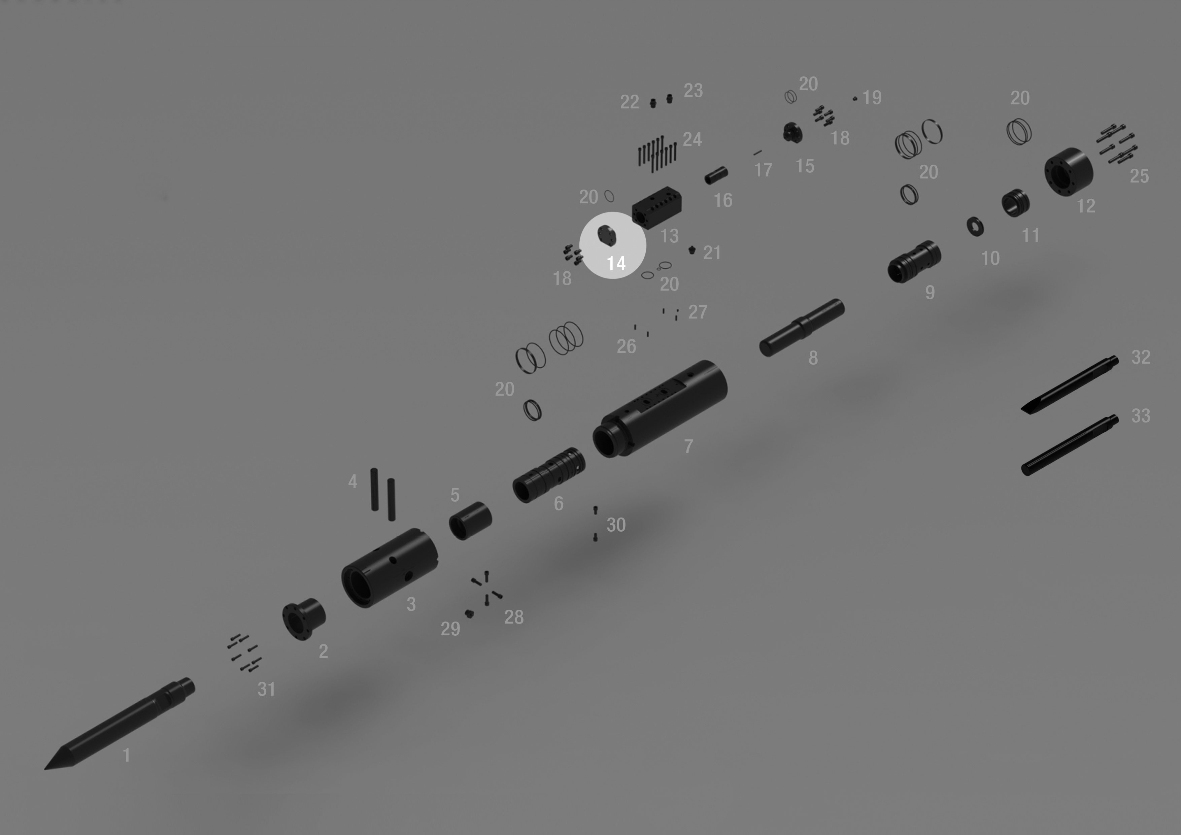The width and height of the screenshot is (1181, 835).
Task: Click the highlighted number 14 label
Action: coord(616,263)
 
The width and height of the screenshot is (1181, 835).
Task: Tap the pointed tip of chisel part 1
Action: coord(45,769)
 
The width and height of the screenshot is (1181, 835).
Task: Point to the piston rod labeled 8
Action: coord(801,328)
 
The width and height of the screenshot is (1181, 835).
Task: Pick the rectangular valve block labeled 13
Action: coord(657,208)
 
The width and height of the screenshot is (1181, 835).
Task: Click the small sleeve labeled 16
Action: coord(716,175)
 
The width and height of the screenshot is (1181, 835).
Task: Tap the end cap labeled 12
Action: coord(1068,172)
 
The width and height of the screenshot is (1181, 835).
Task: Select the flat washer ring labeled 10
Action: coord(975,226)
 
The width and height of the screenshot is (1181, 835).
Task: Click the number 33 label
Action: coord(1141,416)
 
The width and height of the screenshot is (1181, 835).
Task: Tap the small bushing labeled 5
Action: coord(470,521)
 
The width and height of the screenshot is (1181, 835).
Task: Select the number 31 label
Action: coord(266,690)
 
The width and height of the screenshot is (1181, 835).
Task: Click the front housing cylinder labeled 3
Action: coord(390,568)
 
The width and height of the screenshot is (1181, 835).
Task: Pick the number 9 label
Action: coord(930,292)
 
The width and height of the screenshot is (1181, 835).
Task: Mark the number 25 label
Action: coord(1139,176)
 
